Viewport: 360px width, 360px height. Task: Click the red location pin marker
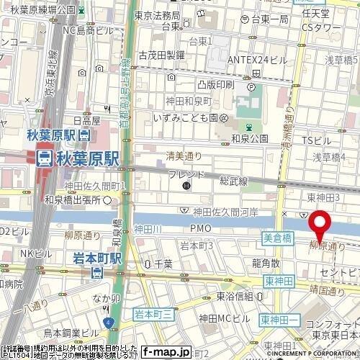click(320, 224)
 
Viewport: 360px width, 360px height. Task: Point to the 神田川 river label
click(147, 229)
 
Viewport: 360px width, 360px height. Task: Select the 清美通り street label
click(184, 155)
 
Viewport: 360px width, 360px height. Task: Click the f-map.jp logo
click(166, 352)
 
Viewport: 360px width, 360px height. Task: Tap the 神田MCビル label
click(224, 318)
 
